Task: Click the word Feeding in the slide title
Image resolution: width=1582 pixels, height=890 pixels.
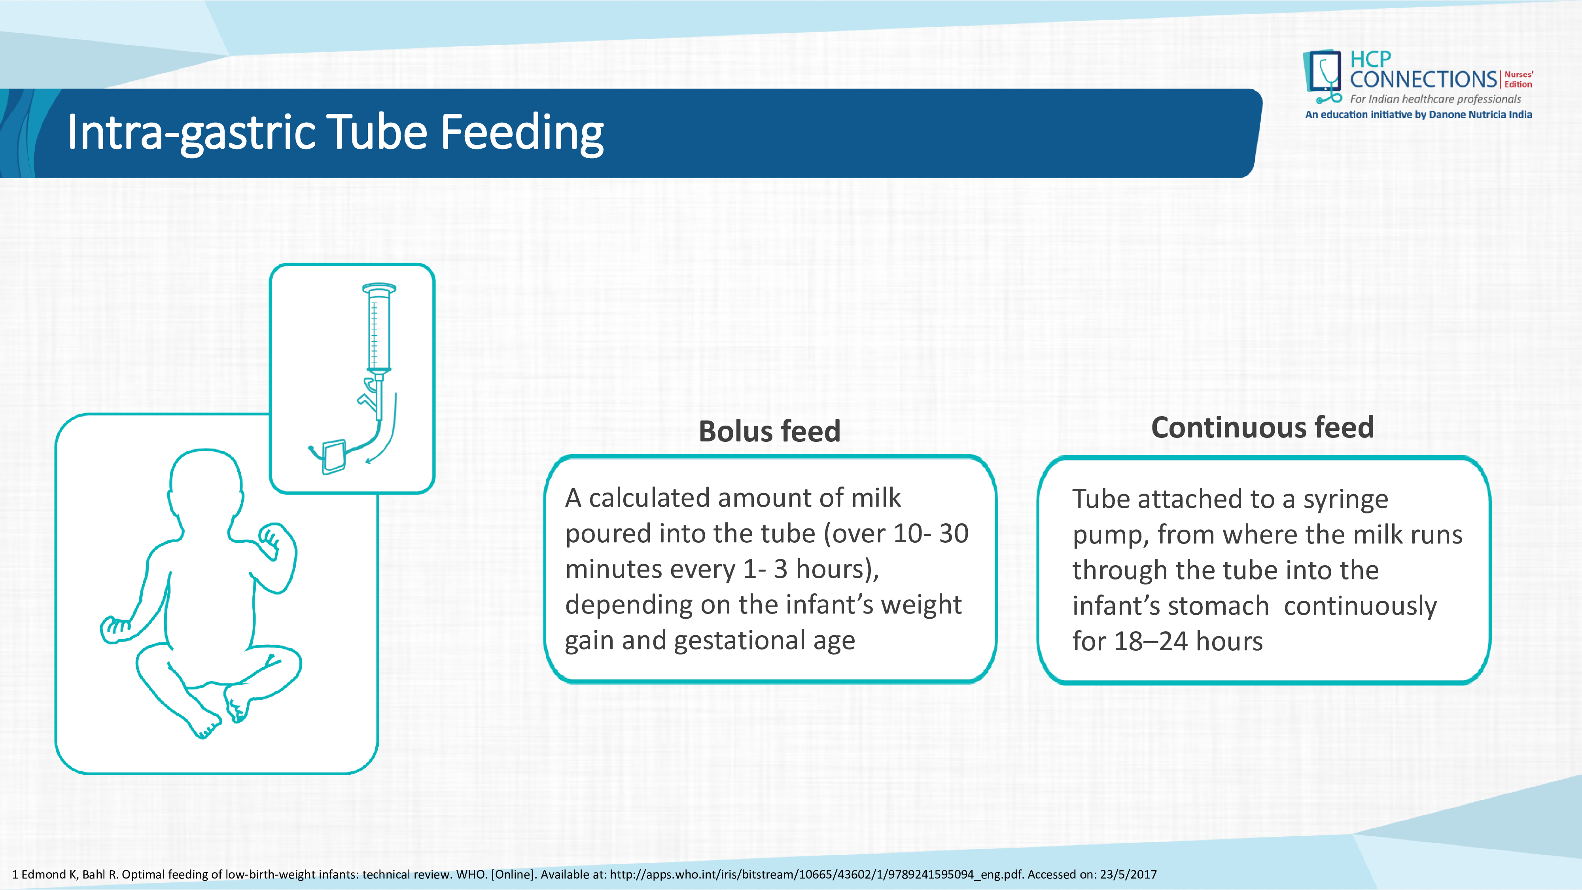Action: (522, 132)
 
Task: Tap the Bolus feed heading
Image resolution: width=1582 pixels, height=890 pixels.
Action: (770, 431)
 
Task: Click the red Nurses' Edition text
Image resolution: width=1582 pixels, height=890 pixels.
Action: (1518, 79)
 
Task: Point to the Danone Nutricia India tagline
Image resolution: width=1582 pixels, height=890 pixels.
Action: (1419, 114)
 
